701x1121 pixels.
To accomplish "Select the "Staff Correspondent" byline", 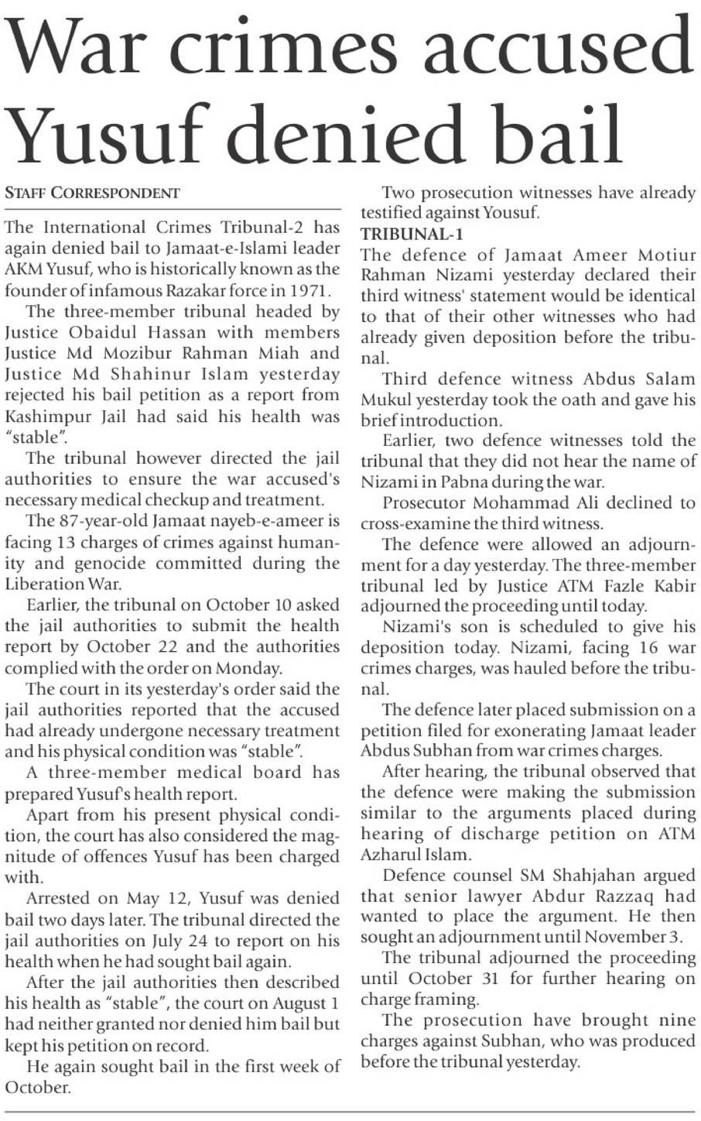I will [x=93, y=193].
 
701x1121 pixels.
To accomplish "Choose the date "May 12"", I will [x=155, y=898].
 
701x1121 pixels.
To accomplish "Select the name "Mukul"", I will [x=389, y=399].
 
